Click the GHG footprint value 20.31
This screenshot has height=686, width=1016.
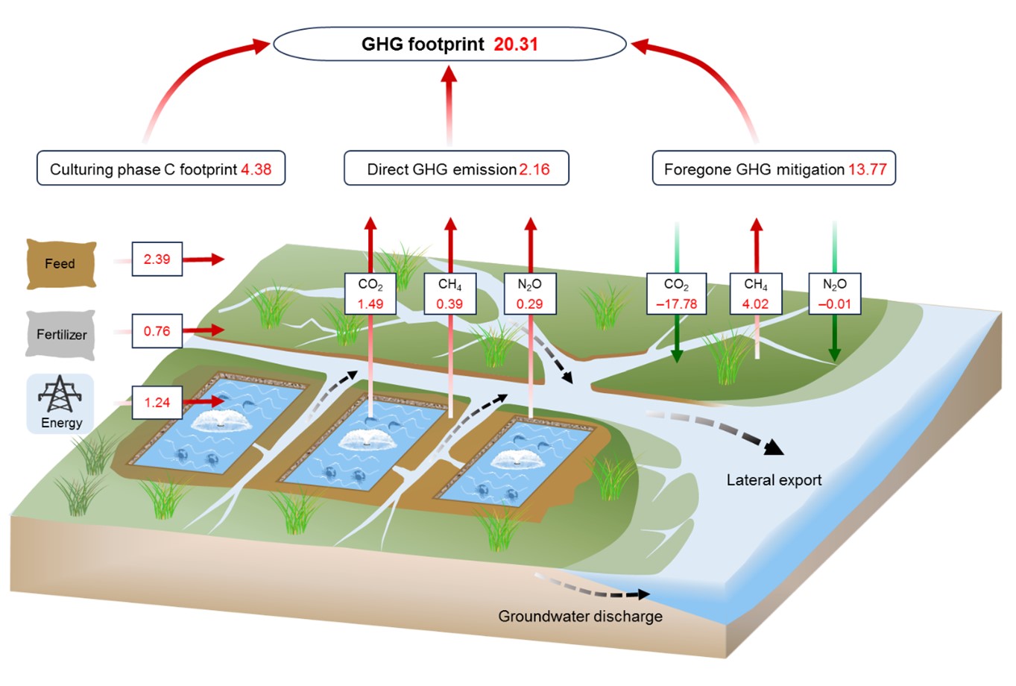(516, 45)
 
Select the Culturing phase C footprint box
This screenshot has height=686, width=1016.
(161, 169)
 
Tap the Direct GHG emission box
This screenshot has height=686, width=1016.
(456, 169)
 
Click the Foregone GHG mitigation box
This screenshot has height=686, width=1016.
(774, 169)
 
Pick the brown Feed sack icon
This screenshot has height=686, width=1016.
(61, 264)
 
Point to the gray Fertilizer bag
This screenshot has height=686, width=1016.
(61, 335)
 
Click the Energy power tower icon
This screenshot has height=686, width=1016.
(60, 396)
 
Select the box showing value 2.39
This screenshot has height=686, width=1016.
(157, 259)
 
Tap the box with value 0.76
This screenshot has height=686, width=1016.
(157, 331)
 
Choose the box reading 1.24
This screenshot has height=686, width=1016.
(157, 403)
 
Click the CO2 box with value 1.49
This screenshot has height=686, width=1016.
(370, 294)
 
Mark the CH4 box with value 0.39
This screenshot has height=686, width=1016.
(449, 294)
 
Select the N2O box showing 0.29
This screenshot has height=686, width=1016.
(529, 294)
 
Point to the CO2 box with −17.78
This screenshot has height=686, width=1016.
(676, 294)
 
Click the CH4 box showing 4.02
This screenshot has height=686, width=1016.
(755, 294)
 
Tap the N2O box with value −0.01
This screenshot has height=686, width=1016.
(834, 294)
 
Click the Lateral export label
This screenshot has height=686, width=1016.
(774, 480)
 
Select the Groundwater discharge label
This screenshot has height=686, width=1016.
(580, 617)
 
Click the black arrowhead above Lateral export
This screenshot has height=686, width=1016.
(774, 447)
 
